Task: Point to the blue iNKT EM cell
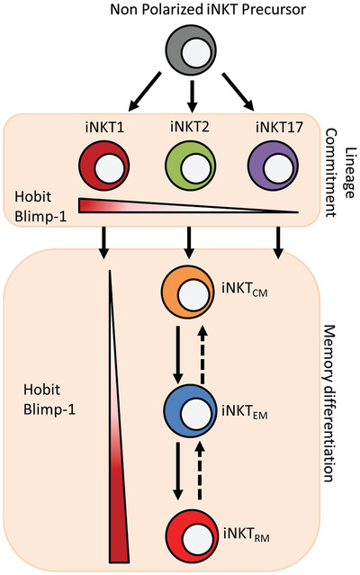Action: click(x=187, y=413)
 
